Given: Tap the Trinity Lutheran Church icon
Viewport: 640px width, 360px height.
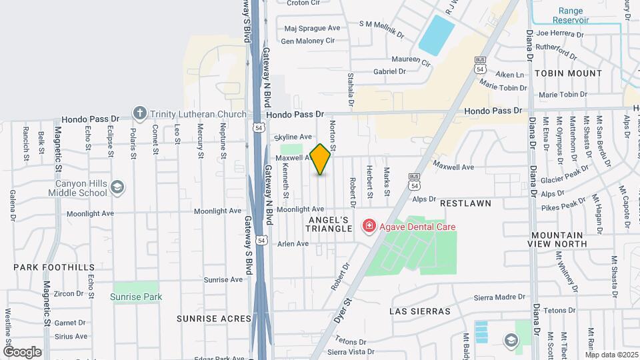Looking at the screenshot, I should pos(139,114).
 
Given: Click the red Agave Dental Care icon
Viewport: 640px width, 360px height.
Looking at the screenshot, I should pos(368,227).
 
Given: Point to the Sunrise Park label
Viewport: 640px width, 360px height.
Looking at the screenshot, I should pos(136,297).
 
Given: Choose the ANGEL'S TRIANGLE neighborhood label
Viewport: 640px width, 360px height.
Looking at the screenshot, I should pos(329,224).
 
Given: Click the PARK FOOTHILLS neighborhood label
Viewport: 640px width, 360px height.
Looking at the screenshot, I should pos(54,267).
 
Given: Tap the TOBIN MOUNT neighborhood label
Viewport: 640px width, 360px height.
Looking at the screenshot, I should pos(567,73).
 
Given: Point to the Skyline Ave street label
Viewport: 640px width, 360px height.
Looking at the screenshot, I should pos(293,136).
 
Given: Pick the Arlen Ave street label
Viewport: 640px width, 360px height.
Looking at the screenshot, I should pos(293,244).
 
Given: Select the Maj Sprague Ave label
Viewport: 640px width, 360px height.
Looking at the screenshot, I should pos(312,28).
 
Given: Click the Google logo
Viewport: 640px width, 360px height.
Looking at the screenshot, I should pos(22,351).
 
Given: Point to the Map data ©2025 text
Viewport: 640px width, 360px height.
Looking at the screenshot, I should pos(611,355).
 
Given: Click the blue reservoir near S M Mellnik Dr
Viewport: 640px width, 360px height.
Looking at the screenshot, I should pos(437,35).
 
